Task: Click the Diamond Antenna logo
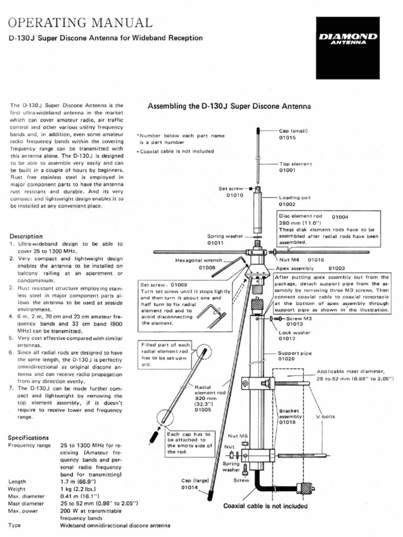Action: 347,40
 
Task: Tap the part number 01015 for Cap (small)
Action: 287,138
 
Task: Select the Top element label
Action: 295,164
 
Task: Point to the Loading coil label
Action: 295,198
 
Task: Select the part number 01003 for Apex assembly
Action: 336,267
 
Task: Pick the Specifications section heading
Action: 28,437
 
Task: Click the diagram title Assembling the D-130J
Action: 229,106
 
